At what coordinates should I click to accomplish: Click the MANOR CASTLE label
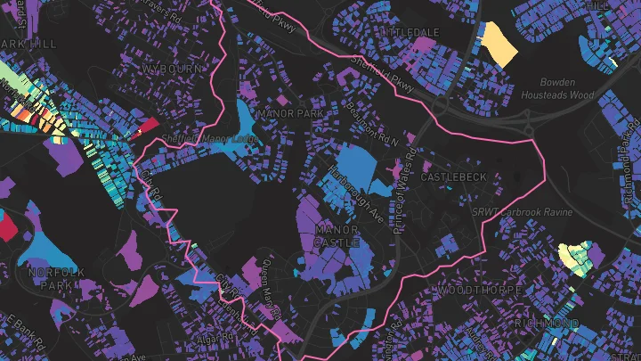(337, 236)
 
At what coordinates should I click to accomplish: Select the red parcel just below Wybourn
(146, 126)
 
